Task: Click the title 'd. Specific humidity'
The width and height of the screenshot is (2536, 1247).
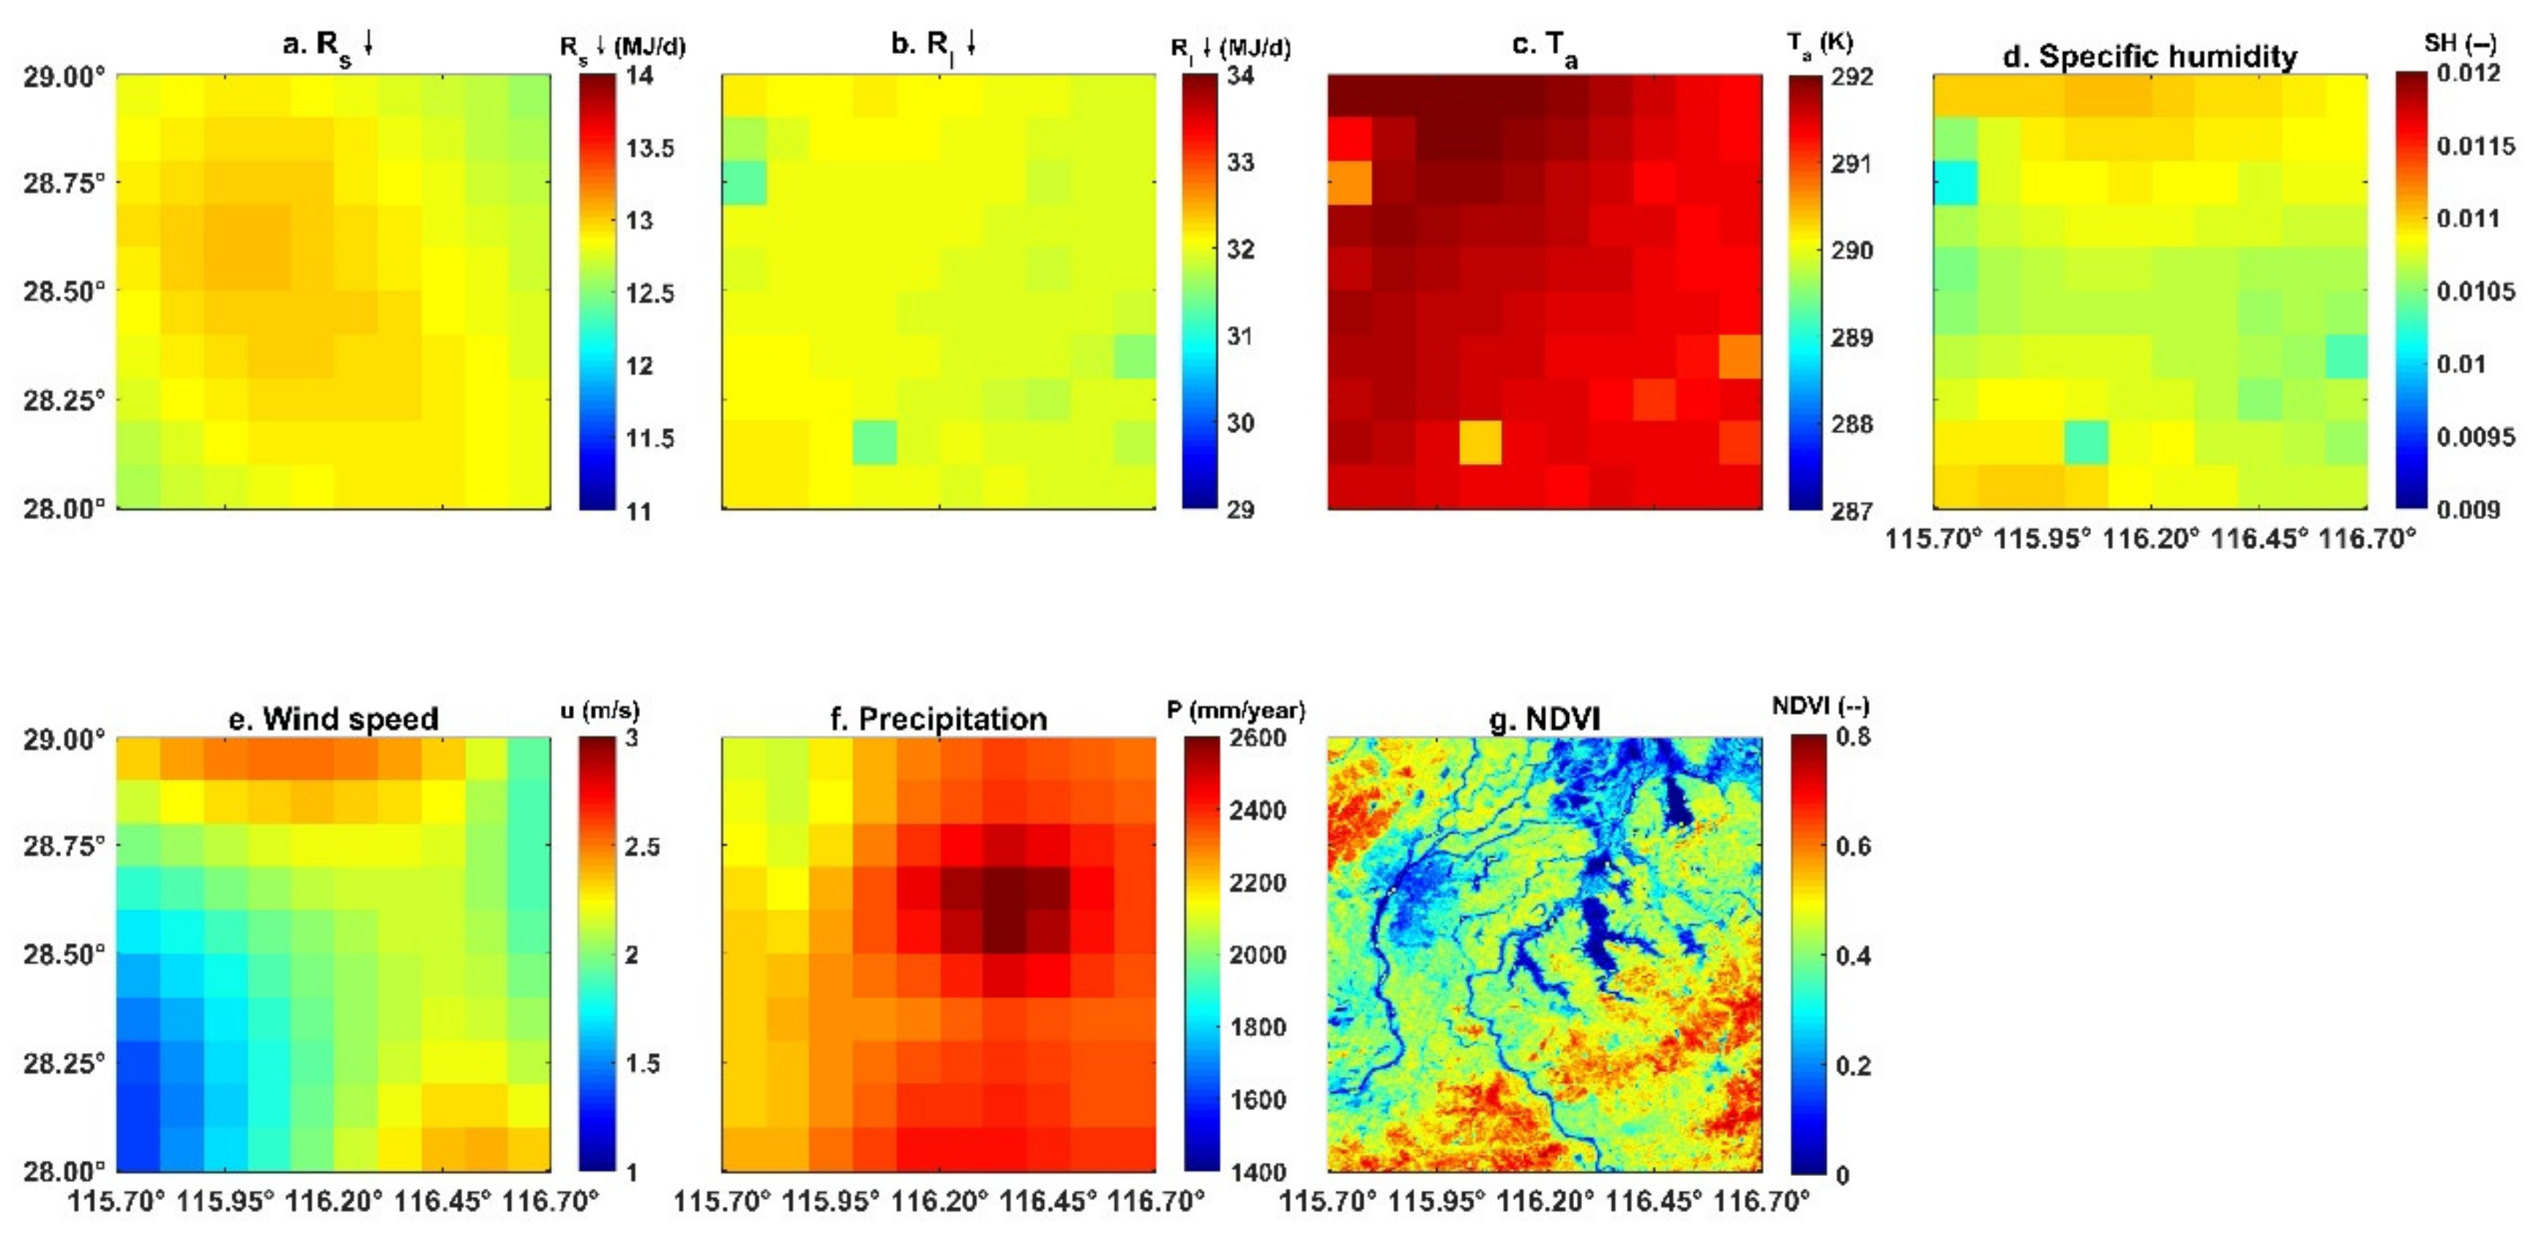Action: click(x=2149, y=56)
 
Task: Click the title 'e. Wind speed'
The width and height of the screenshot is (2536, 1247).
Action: click(x=333, y=719)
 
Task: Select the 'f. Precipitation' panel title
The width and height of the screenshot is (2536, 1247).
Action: click(x=939, y=719)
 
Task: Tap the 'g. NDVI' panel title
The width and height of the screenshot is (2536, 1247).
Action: click(x=1544, y=719)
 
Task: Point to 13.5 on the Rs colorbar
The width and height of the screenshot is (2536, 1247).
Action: click(x=650, y=149)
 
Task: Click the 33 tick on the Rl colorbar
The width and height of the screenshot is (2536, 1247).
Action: click(x=1239, y=162)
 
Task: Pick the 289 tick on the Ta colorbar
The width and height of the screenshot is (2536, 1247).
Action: click(x=1851, y=337)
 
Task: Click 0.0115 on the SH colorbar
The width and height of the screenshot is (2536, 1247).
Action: click(x=2475, y=146)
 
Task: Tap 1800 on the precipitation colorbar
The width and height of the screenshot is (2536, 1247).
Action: click(x=1257, y=1027)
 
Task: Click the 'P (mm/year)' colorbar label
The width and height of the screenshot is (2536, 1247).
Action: click(x=1236, y=710)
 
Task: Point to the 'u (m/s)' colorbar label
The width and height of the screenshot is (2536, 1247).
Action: click(x=600, y=710)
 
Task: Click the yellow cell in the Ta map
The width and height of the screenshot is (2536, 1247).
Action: click(x=1480, y=443)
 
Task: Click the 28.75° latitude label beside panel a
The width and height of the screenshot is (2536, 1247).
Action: click(x=64, y=184)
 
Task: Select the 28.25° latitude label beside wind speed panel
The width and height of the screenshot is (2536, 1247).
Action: click(x=64, y=1064)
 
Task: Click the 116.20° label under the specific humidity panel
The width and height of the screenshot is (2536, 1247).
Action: click(x=2149, y=539)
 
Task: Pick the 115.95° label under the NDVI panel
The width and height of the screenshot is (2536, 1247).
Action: click(x=1436, y=1202)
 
